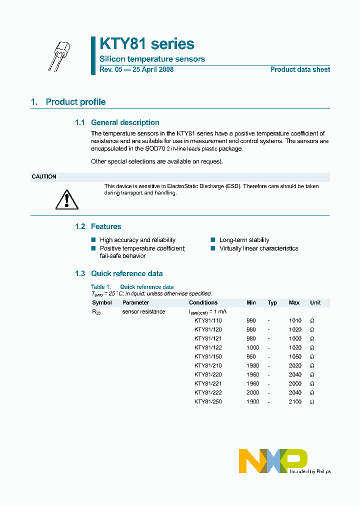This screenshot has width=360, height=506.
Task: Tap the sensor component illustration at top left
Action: pyautogui.click(x=59, y=55)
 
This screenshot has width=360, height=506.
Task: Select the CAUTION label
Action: pyautogui.click(x=44, y=176)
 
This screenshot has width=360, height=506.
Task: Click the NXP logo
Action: pyautogui.click(x=273, y=460)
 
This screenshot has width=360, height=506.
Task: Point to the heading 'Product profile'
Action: pyautogui.click(x=75, y=102)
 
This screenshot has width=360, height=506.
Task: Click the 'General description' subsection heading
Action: pyautogui.click(x=125, y=122)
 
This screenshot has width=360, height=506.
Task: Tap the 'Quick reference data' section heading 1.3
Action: pyautogui.click(x=126, y=273)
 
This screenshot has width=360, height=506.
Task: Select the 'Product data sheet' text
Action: pyautogui.click(x=300, y=69)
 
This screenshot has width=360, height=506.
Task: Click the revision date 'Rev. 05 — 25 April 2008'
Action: pyautogui.click(x=136, y=69)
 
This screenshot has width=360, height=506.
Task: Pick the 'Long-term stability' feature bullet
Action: pyautogui.click(x=244, y=240)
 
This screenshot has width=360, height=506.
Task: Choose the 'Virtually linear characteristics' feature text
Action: pyautogui.click(x=258, y=248)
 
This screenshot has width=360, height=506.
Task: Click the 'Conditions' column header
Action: pyautogui.click(x=203, y=302)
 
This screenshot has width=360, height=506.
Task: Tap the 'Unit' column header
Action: pyautogui.click(x=315, y=302)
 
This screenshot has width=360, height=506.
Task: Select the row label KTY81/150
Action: pyautogui.click(x=208, y=356)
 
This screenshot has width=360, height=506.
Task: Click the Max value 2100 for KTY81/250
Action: pyautogui.click(x=295, y=401)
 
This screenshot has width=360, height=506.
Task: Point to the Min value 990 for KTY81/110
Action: pyautogui.click(x=251, y=320)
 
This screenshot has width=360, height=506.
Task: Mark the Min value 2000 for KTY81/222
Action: pyautogui.click(x=252, y=392)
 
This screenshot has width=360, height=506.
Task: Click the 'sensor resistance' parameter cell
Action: pyautogui.click(x=143, y=311)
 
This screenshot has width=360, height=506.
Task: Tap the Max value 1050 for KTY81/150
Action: pyautogui.click(x=295, y=356)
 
